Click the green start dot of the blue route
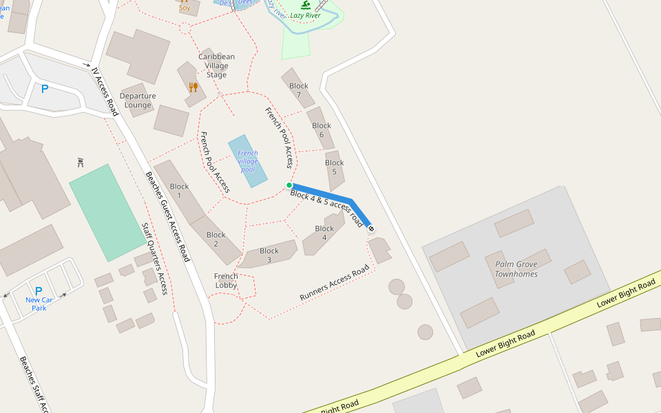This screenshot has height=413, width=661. coord(289,185)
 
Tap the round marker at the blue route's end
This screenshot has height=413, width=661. coord(372,229)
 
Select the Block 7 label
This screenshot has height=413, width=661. coord(299,90)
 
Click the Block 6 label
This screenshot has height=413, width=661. coord(322,130)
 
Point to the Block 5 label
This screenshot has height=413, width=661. coord(335,167)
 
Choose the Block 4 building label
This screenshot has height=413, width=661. coord(324,233)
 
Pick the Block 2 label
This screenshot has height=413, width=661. coord(216,239)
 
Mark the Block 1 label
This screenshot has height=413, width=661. coord(179,191)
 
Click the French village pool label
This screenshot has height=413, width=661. coord(247,161)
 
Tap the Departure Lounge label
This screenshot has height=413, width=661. coord(138,100)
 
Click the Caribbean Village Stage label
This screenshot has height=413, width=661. coord(216,65)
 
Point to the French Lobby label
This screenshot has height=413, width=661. coord(226,281)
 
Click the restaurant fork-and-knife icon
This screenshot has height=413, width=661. coord(193,87)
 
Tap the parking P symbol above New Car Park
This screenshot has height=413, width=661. coord(39,291)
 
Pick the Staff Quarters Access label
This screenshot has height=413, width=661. coord(154,258)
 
